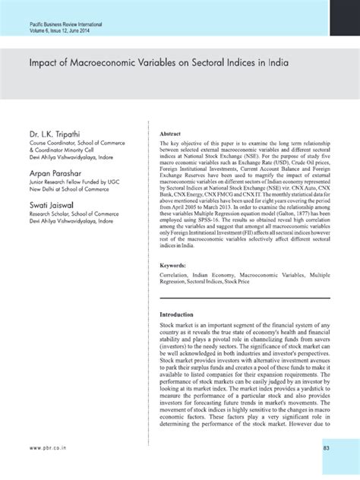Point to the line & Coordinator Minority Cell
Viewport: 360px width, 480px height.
(x=71, y=153)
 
